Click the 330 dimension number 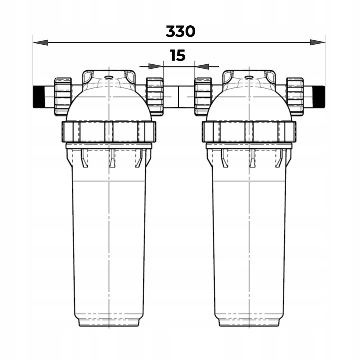[x=180, y=31]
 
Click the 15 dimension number [x=177, y=56]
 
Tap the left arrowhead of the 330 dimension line [x=41, y=42]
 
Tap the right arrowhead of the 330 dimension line [x=318, y=42]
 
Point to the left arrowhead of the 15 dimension [x=156, y=66]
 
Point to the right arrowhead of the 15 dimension [x=202, y=66]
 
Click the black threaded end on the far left [x=39, y=97]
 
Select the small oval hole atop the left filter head [x=109, y=77]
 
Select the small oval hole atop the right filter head [x=249, y=77]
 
